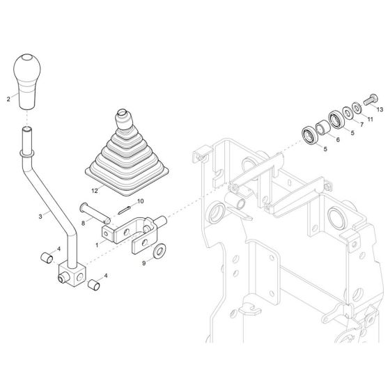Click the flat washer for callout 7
[x=347, y=111]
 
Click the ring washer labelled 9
[x=159, y=250]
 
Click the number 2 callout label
[x=8, y=100]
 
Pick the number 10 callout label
[x=140, y=201]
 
